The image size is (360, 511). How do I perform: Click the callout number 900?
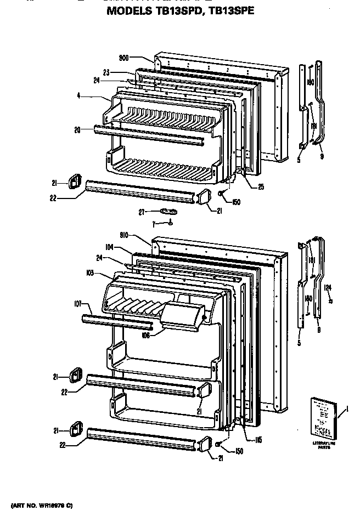124,57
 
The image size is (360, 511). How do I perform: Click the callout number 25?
261,186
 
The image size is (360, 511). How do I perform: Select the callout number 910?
124,235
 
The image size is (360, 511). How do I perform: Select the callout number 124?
328,286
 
